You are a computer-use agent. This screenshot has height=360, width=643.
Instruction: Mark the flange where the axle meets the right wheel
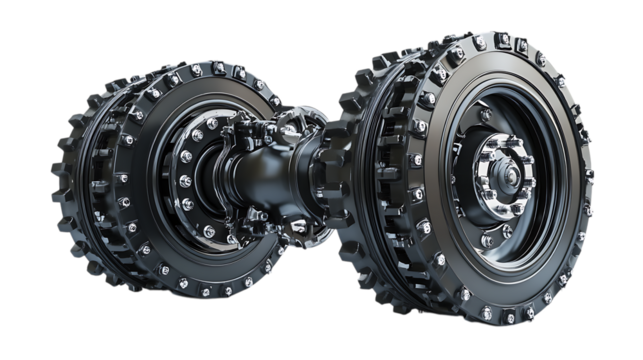click(330, 160)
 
